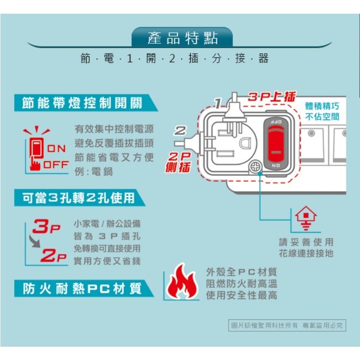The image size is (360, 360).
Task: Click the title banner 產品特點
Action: pyautogui.click(x=182, y=38)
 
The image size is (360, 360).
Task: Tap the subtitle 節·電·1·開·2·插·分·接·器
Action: pyautogui.click(x=174, y=58)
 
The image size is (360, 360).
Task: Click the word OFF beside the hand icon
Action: pyautogui.click(x=56, y=165)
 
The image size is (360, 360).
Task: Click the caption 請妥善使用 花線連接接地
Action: pyautogui.click(x=306, y=248)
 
